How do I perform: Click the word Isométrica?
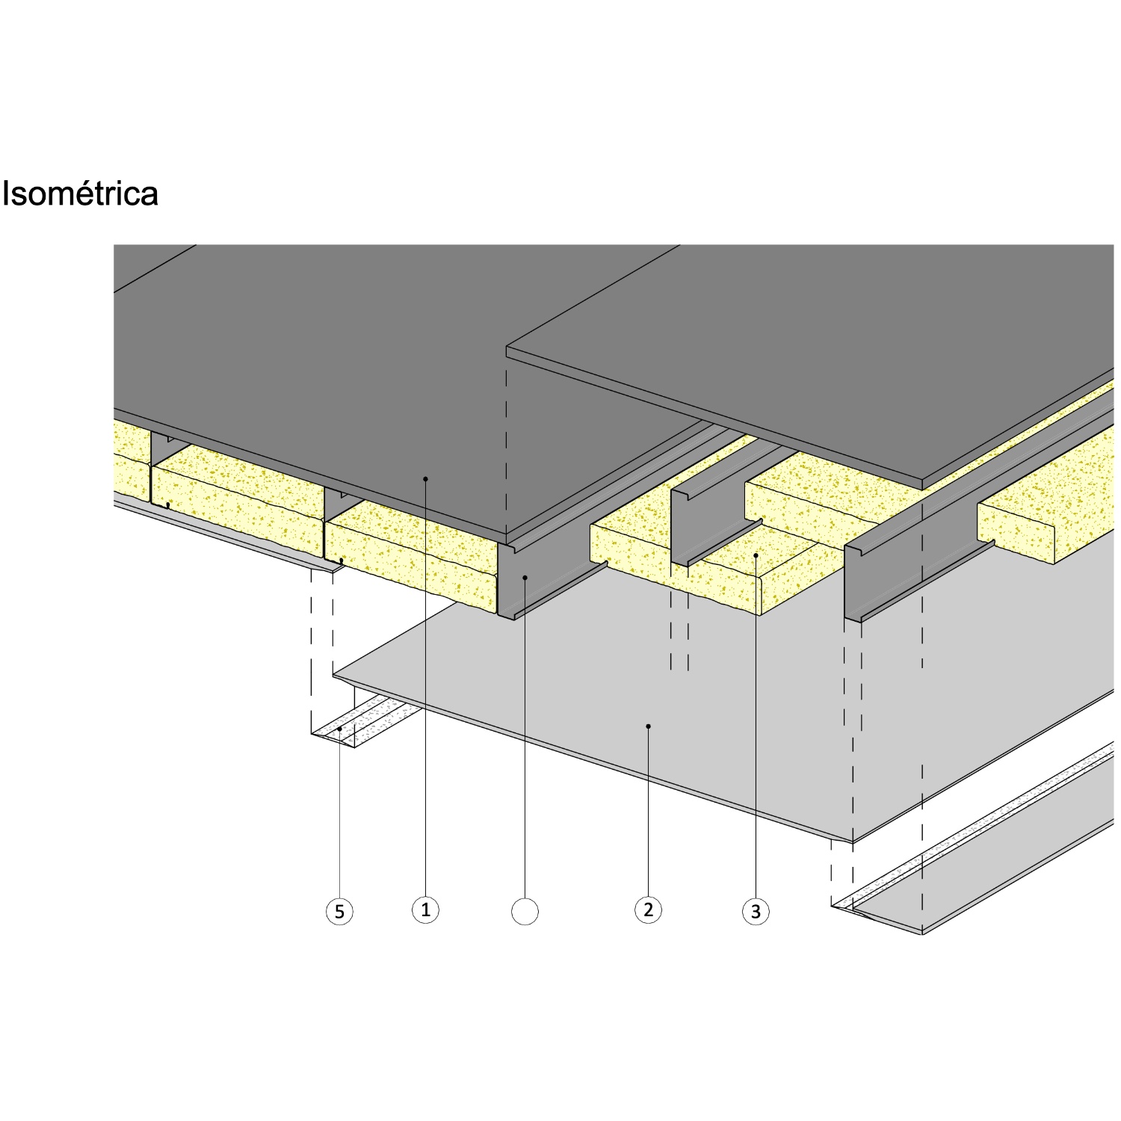80,194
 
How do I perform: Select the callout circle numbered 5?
339,912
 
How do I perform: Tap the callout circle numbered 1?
425,910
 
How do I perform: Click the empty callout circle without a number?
525,912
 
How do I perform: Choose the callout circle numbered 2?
648,910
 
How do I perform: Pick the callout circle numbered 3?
756,912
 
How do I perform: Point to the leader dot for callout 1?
425,478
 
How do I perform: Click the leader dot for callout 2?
648,726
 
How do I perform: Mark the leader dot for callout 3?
756,556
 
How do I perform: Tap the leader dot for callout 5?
339,729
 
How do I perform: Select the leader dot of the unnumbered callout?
525,577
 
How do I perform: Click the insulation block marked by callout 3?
710,572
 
